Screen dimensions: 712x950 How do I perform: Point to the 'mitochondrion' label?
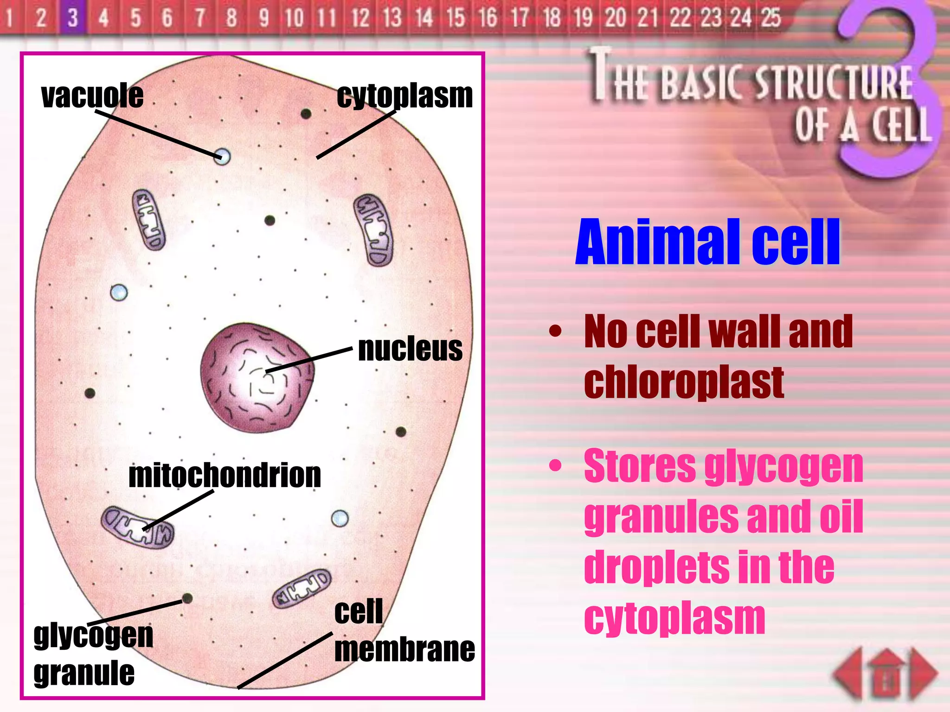click(x=225, y=476)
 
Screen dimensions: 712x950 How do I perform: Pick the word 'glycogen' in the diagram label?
click(x=93, y=636)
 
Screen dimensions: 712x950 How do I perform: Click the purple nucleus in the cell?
click(x=257, y=377)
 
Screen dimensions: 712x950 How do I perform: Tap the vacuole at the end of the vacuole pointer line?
click(x=222, y=156)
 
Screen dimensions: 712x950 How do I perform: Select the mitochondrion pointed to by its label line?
click(x=138, y=528)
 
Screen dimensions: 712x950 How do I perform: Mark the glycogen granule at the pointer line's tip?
click(x=187, y=598)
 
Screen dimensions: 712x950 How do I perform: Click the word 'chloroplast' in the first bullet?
click(x=684, y=382)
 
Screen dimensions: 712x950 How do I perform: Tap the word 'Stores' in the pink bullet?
click(x=640, y=466)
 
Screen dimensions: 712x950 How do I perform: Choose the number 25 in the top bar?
click(x=771, y=18)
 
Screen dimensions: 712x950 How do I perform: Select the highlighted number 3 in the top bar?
click(x=73, y=18)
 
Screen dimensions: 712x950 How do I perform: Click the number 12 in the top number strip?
click(x=360, y=18)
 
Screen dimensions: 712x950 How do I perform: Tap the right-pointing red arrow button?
click(x=924, y=673)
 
